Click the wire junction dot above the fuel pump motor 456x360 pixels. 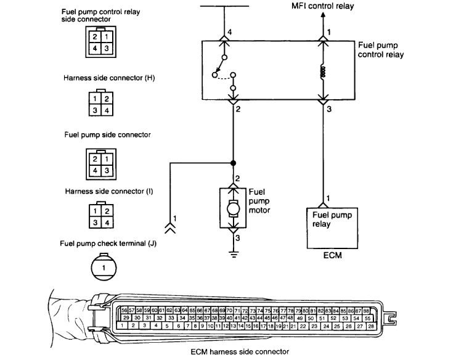pyautogui.click(x=233, y=163)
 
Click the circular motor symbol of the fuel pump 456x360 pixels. pyautogui.click(x=233, y=208)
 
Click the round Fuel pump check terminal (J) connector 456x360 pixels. pyautogui.click(x=104, y=268)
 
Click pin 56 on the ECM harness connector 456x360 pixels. pyautogui.click(x=124, y=310)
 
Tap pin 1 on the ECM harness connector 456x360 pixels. pyautogui.click(x=123, y=325)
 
